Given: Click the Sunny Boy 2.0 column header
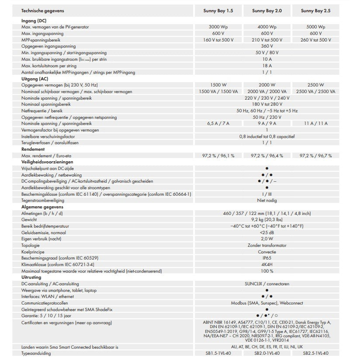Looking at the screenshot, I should pos(267,10).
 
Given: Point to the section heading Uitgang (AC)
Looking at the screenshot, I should pos(35,79).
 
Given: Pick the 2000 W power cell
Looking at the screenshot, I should pos(267,85).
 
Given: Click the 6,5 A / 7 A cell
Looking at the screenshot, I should pos(218,124).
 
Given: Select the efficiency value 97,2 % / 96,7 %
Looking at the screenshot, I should pos(315,156).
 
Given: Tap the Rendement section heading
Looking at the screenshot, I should pos(33,149).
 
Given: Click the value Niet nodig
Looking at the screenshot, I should pos(267,200).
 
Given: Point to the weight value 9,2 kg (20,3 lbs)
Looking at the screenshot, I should pos(267,219).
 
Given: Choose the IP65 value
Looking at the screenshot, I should pos(267,258).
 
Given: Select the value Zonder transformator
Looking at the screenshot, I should pos(267,245).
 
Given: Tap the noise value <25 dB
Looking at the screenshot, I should pos(267,232).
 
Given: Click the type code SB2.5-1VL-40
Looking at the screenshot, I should pos(315,353).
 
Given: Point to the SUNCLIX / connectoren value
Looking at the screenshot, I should pos(267,284).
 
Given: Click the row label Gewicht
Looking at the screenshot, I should pos(29,219).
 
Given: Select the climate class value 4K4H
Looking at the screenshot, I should pos(267,264).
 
